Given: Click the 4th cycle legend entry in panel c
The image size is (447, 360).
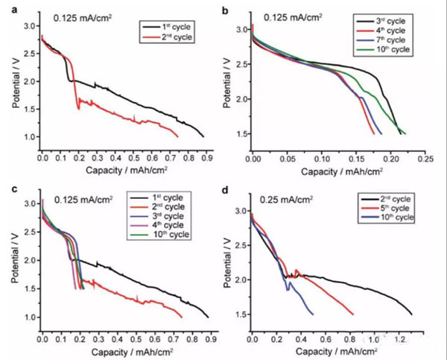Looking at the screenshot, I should (171, 226).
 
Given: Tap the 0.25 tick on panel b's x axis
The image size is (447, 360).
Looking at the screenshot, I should (425, 159).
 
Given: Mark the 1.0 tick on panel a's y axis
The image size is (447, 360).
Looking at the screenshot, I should (29, 137).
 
